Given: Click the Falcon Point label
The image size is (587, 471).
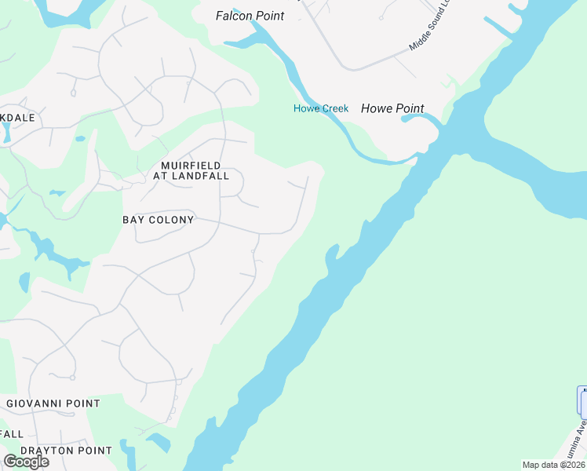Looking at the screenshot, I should click(250, 16).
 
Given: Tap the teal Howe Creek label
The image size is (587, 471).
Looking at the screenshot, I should click(321, 108).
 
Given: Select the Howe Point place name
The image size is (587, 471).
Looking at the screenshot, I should click(392, 109).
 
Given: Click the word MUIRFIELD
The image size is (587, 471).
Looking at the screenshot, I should click(191, 166).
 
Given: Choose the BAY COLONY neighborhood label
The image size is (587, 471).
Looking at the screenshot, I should click(158, 220).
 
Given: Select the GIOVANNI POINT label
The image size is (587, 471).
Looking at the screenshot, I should click(53, 403).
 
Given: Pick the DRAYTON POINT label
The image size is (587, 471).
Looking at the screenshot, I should click(66, 451).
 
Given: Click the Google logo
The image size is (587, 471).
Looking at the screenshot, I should click(26, 462).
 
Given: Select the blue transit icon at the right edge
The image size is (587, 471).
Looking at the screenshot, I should click(582, 400).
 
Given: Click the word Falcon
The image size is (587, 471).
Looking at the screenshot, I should click(233, 16).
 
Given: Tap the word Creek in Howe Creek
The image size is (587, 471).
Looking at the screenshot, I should click(335, 108).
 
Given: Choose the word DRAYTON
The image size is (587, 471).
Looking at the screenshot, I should click(46, 451).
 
